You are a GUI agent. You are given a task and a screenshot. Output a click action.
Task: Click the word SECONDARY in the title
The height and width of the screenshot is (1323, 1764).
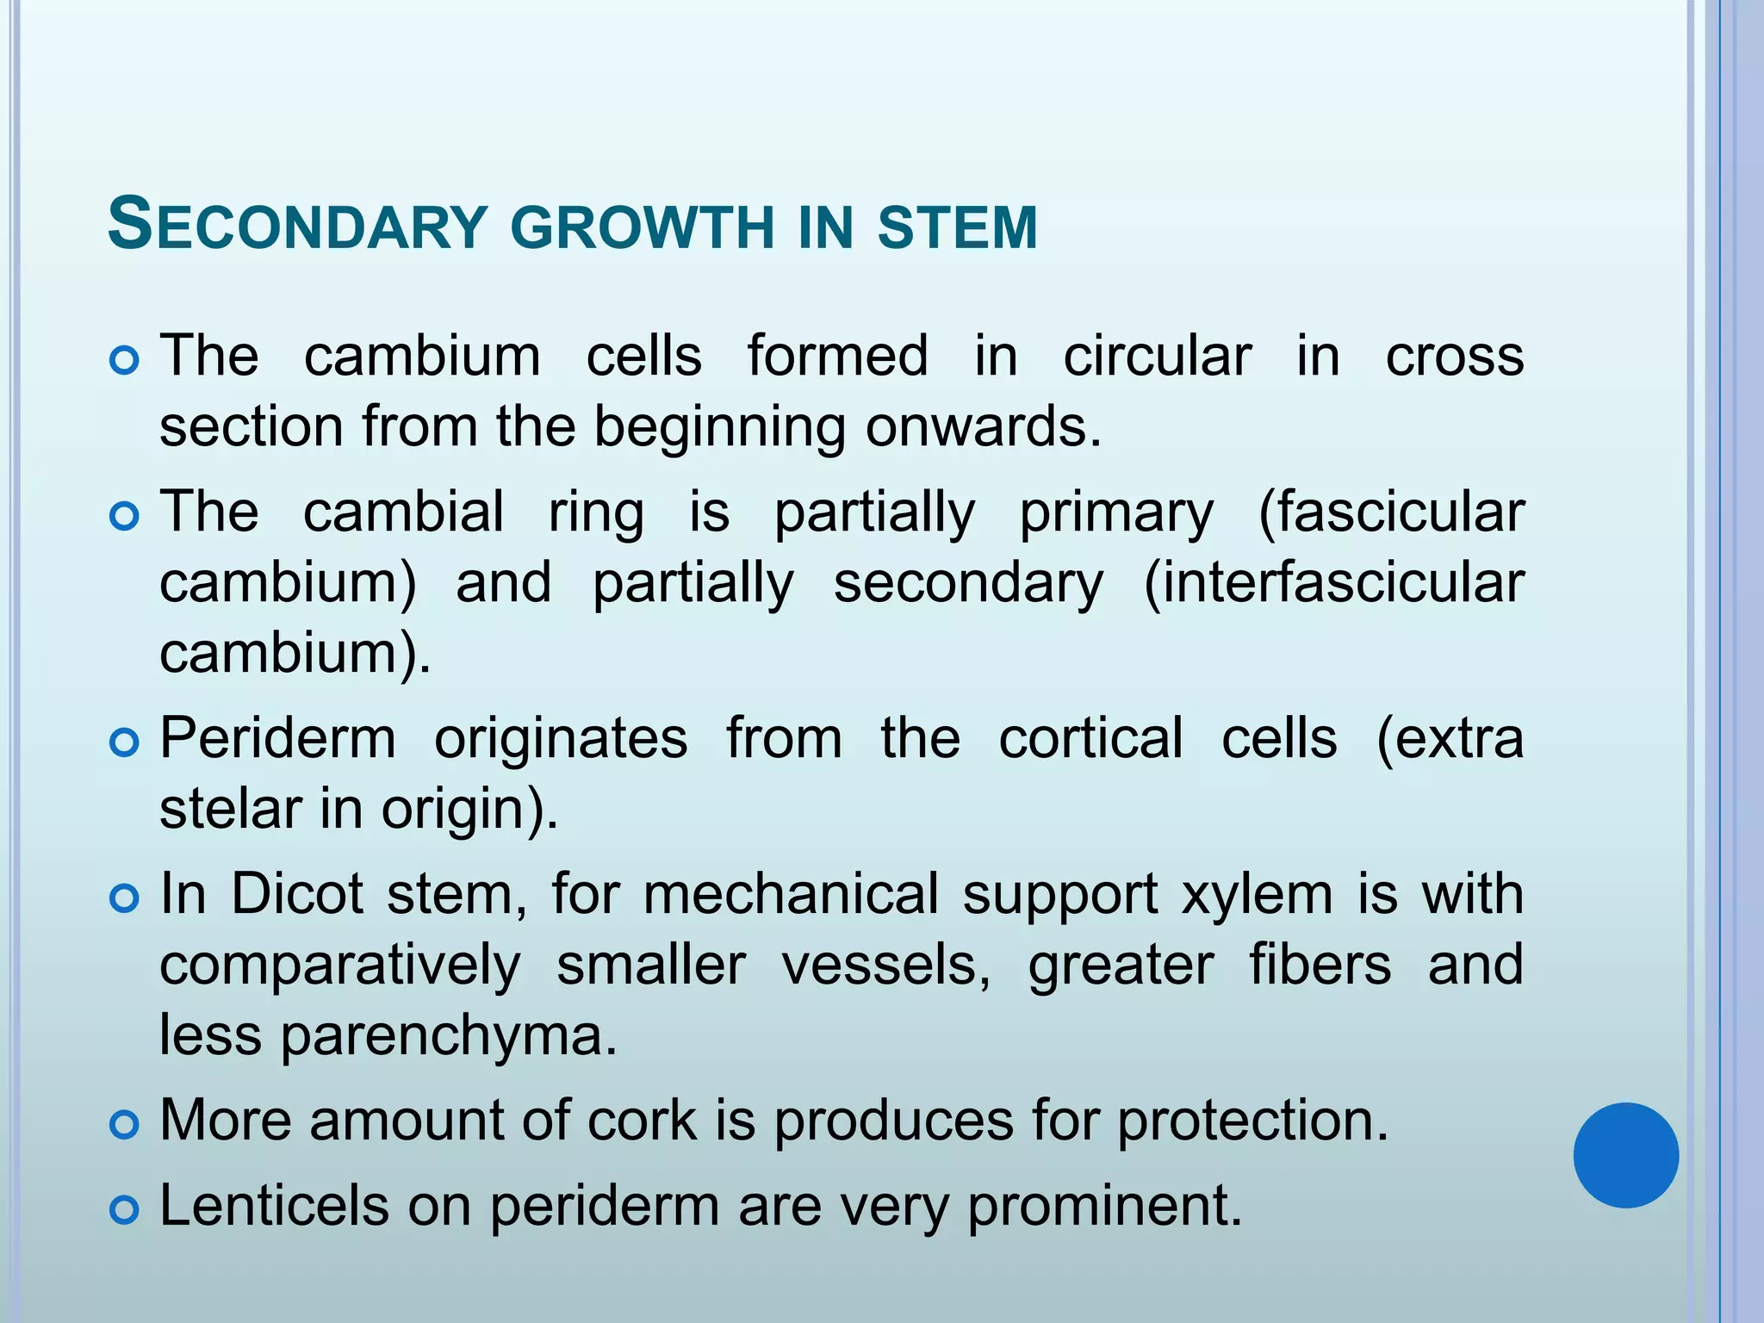tap(297, 226)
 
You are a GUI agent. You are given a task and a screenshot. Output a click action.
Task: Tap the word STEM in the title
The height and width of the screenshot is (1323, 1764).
tap(957, 227)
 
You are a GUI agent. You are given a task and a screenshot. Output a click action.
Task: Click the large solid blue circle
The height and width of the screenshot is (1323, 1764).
tap(1625, 1155)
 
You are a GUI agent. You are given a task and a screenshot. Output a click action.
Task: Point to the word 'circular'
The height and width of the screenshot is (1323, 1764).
tap(1157, 356)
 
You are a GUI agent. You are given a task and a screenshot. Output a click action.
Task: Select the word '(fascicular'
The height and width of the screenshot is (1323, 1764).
tap(1390, 512)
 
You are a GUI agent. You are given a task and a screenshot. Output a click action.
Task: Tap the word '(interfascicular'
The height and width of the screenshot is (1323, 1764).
tap(1333, 583)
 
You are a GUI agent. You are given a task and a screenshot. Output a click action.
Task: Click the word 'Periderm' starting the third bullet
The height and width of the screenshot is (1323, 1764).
tap(277, 738)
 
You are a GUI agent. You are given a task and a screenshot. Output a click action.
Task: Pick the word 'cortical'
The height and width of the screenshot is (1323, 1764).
tap(1090, 738)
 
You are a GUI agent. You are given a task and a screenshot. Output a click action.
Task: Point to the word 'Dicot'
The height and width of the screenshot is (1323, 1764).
tap(297, 893)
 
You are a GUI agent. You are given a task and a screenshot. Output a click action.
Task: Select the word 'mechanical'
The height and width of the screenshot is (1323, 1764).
tap(791, 893)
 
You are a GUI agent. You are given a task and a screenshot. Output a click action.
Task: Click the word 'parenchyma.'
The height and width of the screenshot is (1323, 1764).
tap(449, 1035)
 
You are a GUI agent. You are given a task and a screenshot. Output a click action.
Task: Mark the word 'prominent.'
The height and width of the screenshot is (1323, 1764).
tap(1105, 1206)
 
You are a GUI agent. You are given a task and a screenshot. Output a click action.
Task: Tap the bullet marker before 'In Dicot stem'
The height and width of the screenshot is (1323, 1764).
tap(125, 898)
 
